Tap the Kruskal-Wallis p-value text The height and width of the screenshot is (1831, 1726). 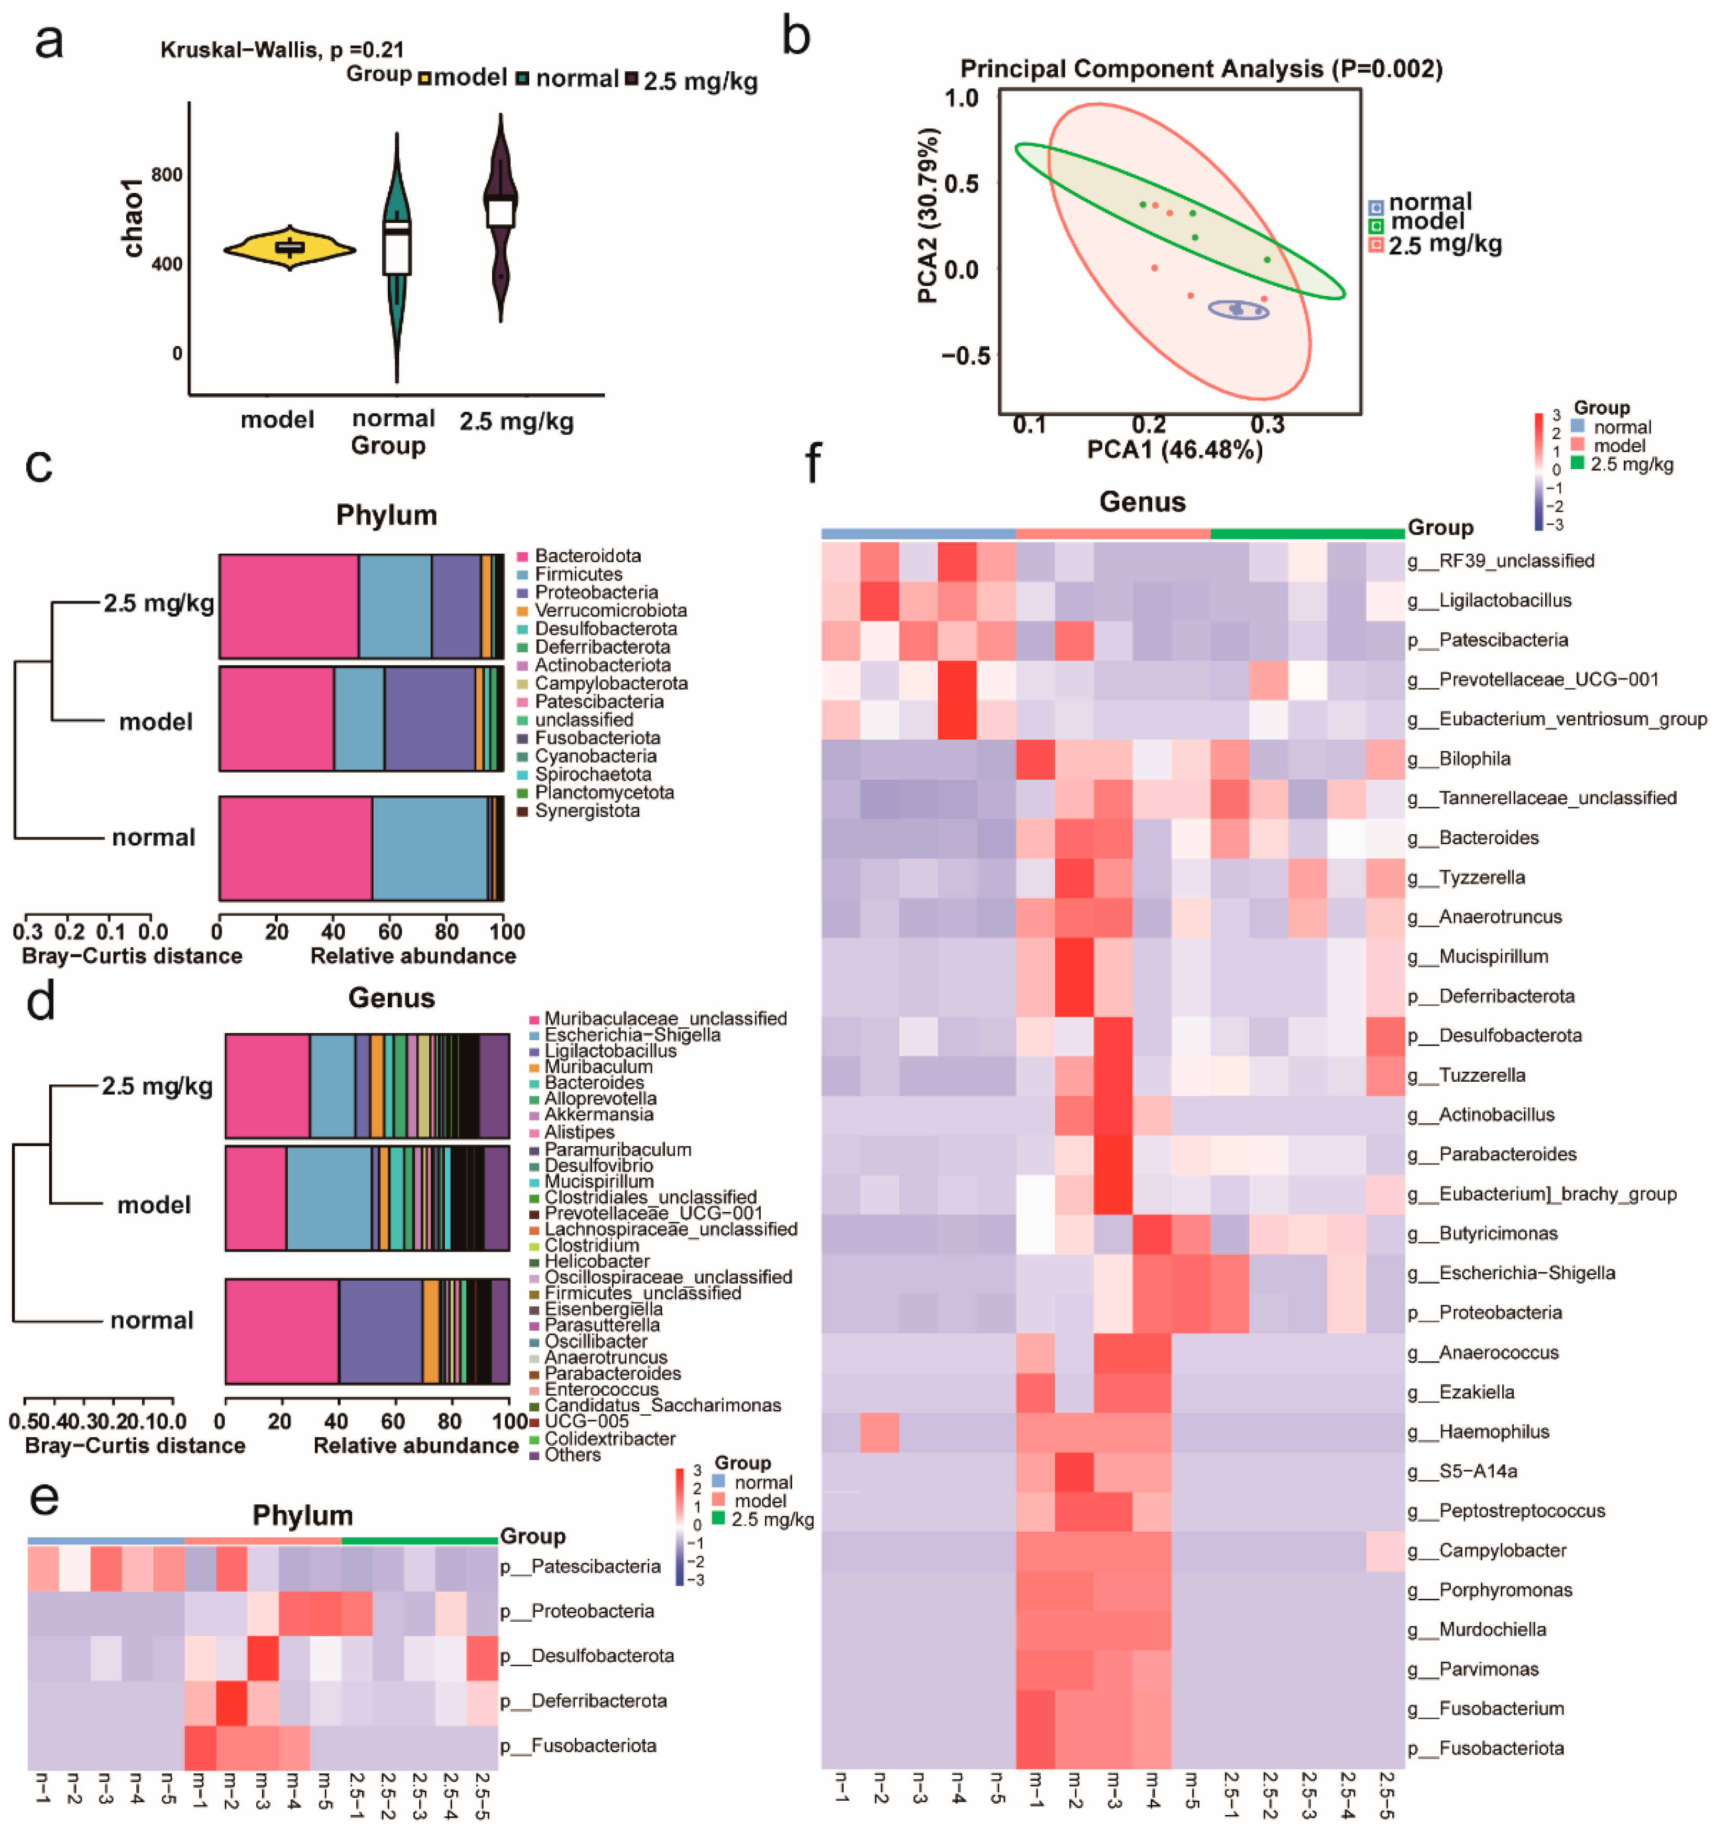(282, 50)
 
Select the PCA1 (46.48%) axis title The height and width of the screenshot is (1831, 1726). (1175, 449)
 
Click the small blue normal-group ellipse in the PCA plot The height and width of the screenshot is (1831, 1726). (1238, 310)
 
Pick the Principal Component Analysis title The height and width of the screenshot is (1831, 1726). (1200, 69)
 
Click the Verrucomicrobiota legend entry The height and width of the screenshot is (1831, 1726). (610, 611)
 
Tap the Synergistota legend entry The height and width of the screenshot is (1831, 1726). (587, 811)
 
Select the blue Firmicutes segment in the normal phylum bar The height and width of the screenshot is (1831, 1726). (429, 848)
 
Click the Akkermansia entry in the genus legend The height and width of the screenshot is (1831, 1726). (598, 1114)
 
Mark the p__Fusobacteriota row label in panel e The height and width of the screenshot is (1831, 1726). (578, 1746)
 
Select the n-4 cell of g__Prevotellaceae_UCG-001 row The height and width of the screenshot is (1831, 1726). (957, 680)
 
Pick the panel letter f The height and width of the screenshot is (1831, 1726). (812, 462)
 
